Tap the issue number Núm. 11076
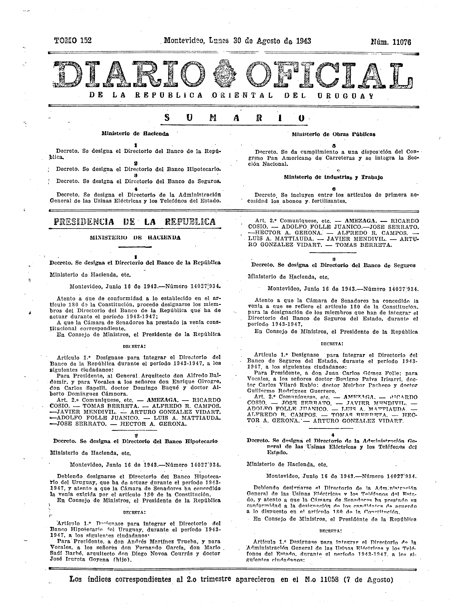391,42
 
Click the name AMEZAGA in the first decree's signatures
162,400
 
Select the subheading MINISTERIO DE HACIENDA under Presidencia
135,238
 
